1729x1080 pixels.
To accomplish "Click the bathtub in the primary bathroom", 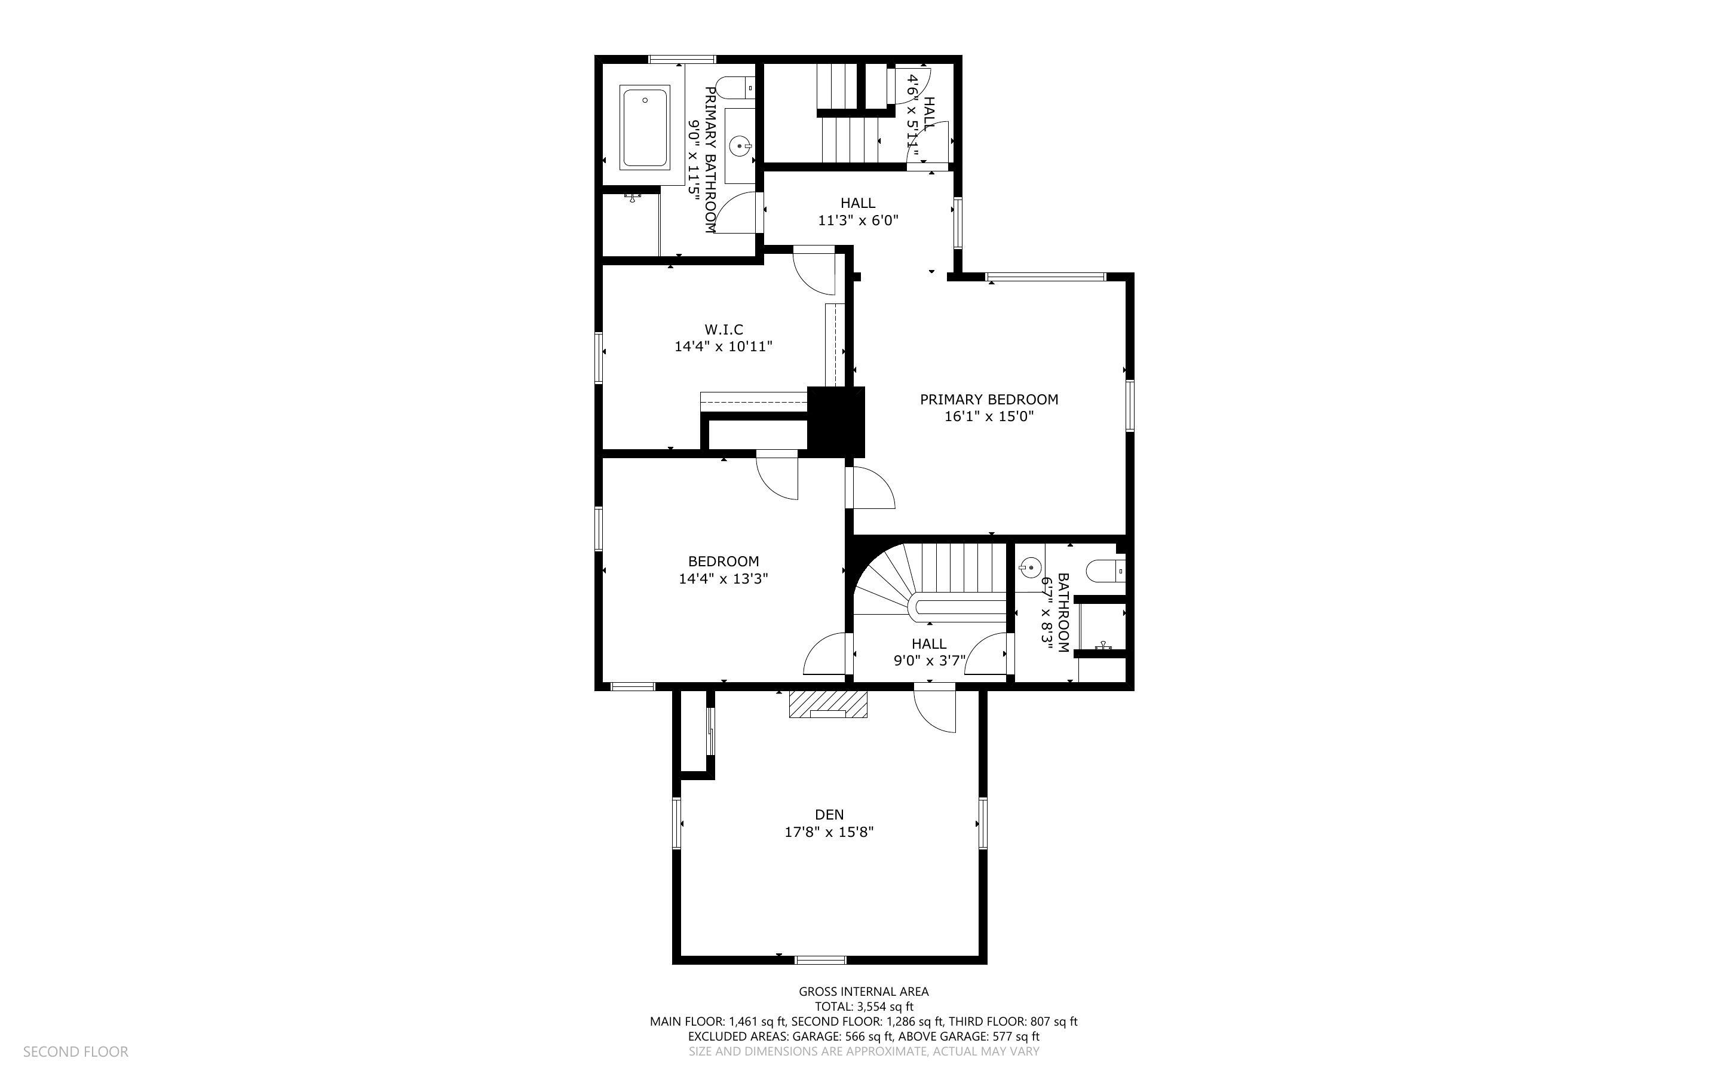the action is tap(644, 127).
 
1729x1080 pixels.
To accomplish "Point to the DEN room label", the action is tap(829, 814).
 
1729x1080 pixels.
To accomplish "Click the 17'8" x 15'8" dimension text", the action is tap(829, 832).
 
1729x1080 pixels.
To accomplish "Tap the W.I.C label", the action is tap(724, 329).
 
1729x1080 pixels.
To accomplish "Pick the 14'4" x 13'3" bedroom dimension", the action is tap(724, 579).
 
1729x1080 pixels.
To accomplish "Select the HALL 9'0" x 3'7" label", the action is tap(929, 652).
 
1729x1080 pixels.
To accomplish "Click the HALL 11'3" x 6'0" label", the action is tap(858, 211).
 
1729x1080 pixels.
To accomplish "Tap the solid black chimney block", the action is tap(836, 422).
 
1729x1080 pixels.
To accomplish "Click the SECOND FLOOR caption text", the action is tap(76, 1051).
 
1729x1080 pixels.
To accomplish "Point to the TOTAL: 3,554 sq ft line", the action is tap(863, 1007).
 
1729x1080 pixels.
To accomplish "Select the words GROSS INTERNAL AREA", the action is tap(863, 992).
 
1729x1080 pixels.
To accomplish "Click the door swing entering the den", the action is tap(934, 708).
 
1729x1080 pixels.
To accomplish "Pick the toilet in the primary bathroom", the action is tap(735, 88).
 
